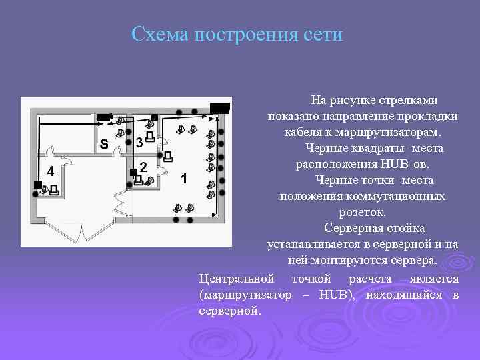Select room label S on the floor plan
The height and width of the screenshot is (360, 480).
click(x=103, y=143)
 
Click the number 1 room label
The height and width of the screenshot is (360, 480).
click(x=184, y=179)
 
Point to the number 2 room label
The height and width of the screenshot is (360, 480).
click(x=143, y=167)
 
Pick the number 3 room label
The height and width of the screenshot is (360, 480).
click(x=138, y=143)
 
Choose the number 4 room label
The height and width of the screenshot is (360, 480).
click(x=50, y=171)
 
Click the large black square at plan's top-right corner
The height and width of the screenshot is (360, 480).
click(x=219, y=108)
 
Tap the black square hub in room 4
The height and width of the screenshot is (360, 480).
click(x=37, y=185)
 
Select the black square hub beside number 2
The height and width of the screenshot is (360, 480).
click(x=133, y=172)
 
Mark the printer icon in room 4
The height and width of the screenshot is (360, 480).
click(x=53, y=191)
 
